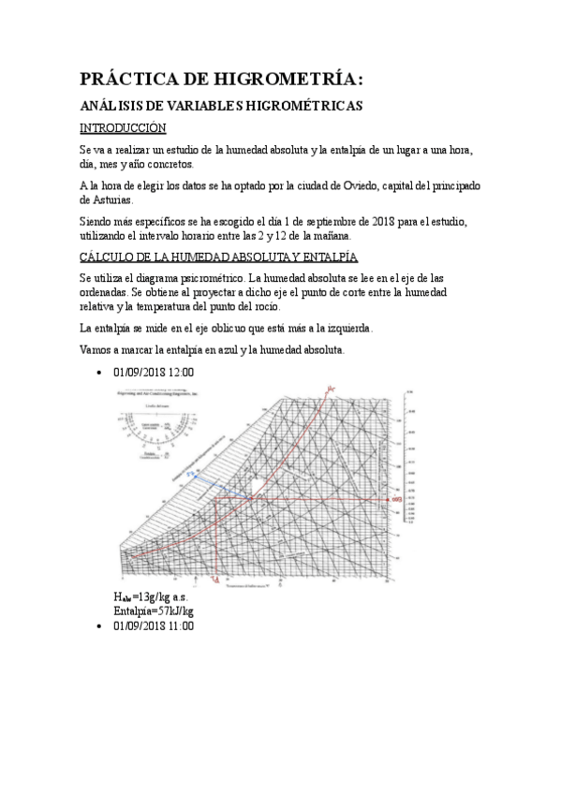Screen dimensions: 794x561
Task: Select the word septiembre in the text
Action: coord(308,221)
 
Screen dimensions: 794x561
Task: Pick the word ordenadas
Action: coord(109,292)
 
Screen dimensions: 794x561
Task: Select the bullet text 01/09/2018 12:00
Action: coord(154,372)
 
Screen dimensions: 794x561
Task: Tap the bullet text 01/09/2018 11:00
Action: coord(154,625)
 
